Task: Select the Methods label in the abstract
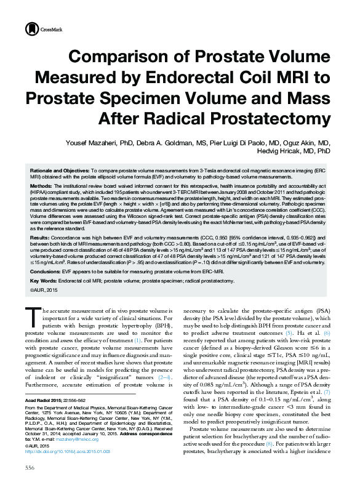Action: click(x=41, y=185)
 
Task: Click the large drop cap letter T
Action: click(x=31, y=317)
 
